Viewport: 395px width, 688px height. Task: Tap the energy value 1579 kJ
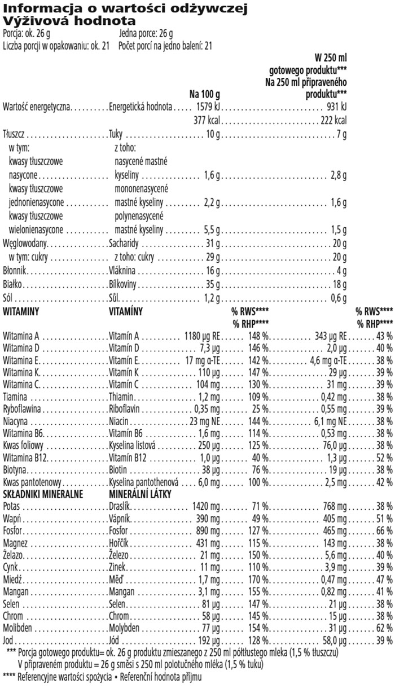[x=207, y=107]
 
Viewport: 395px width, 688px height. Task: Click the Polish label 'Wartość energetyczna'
[x=36, y=107]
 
